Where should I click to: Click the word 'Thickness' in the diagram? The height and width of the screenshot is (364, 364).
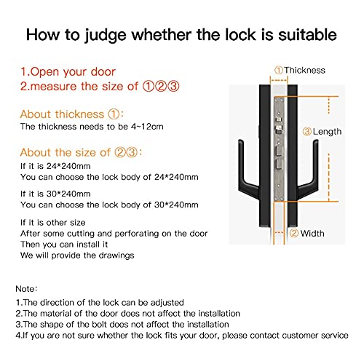[x=305, y=70]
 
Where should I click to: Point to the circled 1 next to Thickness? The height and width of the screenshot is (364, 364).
[x=279, y=70]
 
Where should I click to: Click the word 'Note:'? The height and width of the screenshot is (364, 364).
[x=28, y=289]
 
